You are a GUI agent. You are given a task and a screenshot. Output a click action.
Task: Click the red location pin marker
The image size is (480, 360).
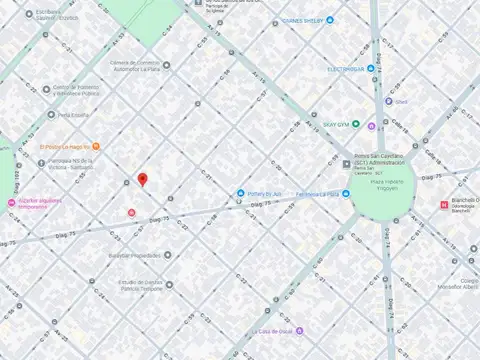[x=142, y=180]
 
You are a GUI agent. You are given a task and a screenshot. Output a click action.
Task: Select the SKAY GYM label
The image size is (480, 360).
[x=343, y=125]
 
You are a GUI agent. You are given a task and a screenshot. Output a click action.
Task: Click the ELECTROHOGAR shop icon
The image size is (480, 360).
[x=370, y=69]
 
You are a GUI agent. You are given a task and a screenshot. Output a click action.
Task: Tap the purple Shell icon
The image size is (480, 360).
[x=387, y=101]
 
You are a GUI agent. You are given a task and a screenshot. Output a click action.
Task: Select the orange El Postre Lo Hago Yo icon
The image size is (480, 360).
[x=95, y=146]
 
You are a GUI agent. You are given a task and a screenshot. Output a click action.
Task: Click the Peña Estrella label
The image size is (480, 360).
[x=75, y=114]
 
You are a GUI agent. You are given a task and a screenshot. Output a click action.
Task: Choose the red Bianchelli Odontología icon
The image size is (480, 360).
[x=444, y=205]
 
